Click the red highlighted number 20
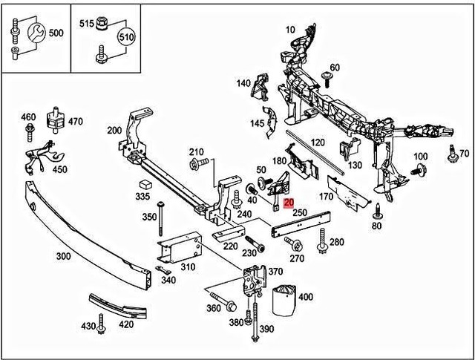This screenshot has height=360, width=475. [289, 203]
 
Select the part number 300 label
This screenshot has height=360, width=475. [65, 256]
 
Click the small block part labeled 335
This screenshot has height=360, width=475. [144, 183]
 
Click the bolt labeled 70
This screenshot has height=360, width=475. [452, 155]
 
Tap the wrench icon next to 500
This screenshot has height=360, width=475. [33, 34]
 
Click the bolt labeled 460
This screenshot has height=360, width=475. [29, 134]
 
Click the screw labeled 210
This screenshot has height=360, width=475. [197, 164]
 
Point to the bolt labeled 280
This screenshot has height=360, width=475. [323, 240]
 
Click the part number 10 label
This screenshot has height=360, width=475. [289, 30]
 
